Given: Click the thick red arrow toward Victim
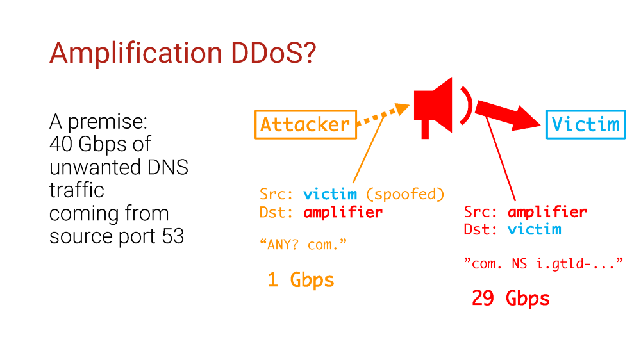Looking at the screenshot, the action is [507, 114].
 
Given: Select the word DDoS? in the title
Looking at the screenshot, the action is [274, 53].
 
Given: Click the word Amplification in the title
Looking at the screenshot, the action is [136, 54].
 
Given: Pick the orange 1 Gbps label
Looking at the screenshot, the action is [301, 281].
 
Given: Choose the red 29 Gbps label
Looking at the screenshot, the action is [511, 299].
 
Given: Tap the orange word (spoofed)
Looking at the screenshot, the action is [405, 194].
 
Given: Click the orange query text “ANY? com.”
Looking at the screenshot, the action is [303, 245].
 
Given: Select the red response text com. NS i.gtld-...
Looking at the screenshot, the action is [544, 263].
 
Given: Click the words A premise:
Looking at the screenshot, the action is [99, 122].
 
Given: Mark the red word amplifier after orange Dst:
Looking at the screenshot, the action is [343, 212].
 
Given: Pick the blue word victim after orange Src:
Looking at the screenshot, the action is [330, 194].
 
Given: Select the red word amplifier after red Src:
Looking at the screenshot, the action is [547, 211].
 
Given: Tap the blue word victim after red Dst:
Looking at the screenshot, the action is [535, 229].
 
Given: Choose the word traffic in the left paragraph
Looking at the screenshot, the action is [77, 190].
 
